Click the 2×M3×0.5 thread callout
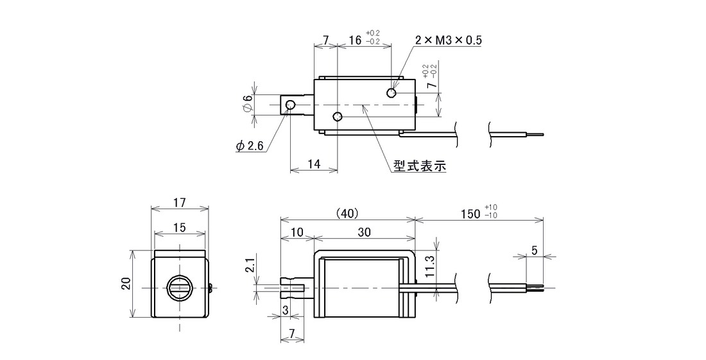coord(448,40)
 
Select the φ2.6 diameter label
coord(249,146)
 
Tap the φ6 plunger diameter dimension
coord(247,105)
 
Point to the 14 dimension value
coord(314,164)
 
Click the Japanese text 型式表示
coord(420,166)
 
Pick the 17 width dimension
coord(179,203)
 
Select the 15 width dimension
coord(179,228)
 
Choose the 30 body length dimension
coord(365,232)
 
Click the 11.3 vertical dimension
coord(429,266)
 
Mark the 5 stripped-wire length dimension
coord(535,251)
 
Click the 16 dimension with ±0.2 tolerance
coord(365,39)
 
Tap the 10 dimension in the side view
coord(297,232)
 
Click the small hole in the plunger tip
coord(290,105)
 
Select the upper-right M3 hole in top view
coord(392,92)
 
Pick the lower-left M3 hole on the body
coord(337,117)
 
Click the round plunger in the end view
coord(179,287)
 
